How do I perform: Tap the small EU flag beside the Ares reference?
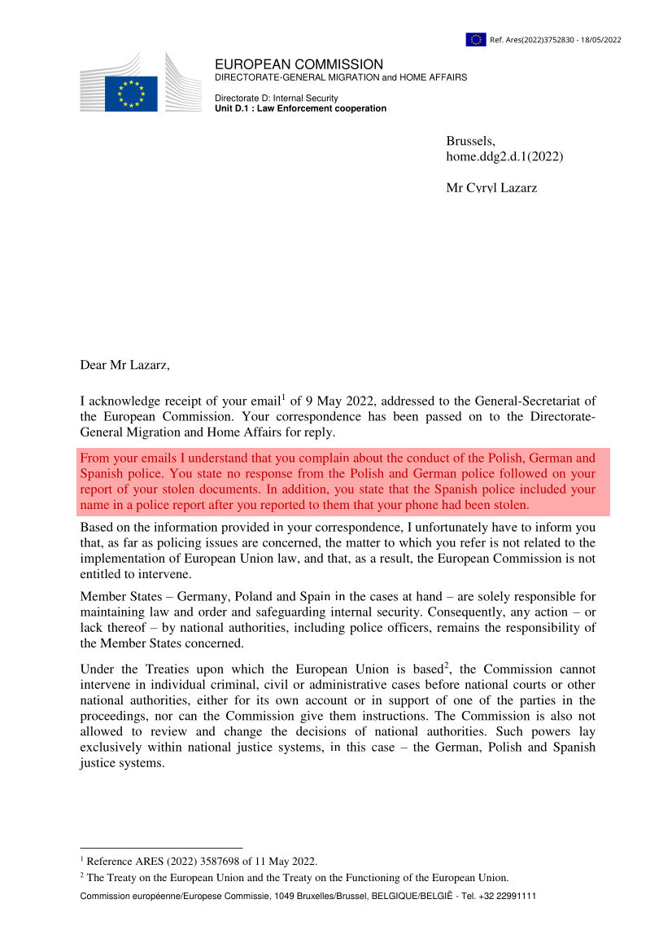pyautogui.click(x=476, y=39)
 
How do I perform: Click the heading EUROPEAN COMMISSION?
pyautogui.click(x=299, y=64)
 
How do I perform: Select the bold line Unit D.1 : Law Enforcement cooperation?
pyautogui.click(x=300, y=108)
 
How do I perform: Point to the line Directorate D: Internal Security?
pyautogui.click(x=276, y=99)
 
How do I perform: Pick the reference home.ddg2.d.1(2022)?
pyautogui.click(x=504, y=156)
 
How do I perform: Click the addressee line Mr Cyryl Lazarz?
pyautogui.click(x=491, y=188)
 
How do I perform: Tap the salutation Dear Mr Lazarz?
pyautogui.click(x=124, y=365)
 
